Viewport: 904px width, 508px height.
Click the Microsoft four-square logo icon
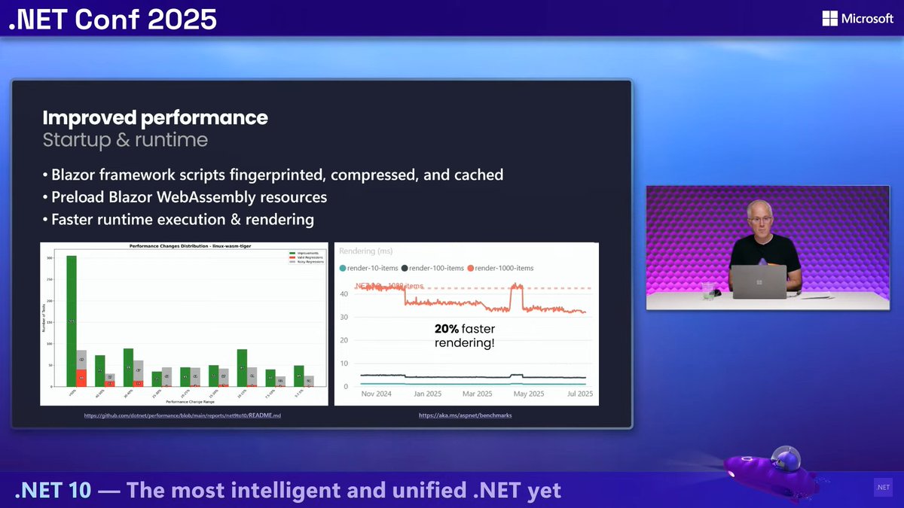pyautogui.click(x=830, y=18)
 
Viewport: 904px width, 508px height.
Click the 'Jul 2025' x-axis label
pyautogui.click(x=579, y=394)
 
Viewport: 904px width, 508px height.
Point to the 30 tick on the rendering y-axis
pyautogui.click(x=344, y=317)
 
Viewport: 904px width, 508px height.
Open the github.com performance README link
pyautogui.click(x=182, y=415)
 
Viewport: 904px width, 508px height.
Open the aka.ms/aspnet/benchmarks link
pyautogui.click(x=466, y=415)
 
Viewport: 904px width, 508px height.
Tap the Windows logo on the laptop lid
pyautogui.click(x=759, y=281)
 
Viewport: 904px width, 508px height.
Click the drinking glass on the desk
pyautogui.click(x=707, y=291)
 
